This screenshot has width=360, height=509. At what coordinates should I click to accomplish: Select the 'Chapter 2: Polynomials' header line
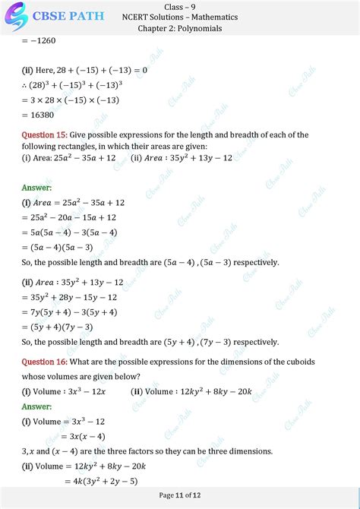179,28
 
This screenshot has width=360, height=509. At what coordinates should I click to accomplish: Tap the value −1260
39,42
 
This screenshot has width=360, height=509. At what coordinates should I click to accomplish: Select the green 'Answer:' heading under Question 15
36,187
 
